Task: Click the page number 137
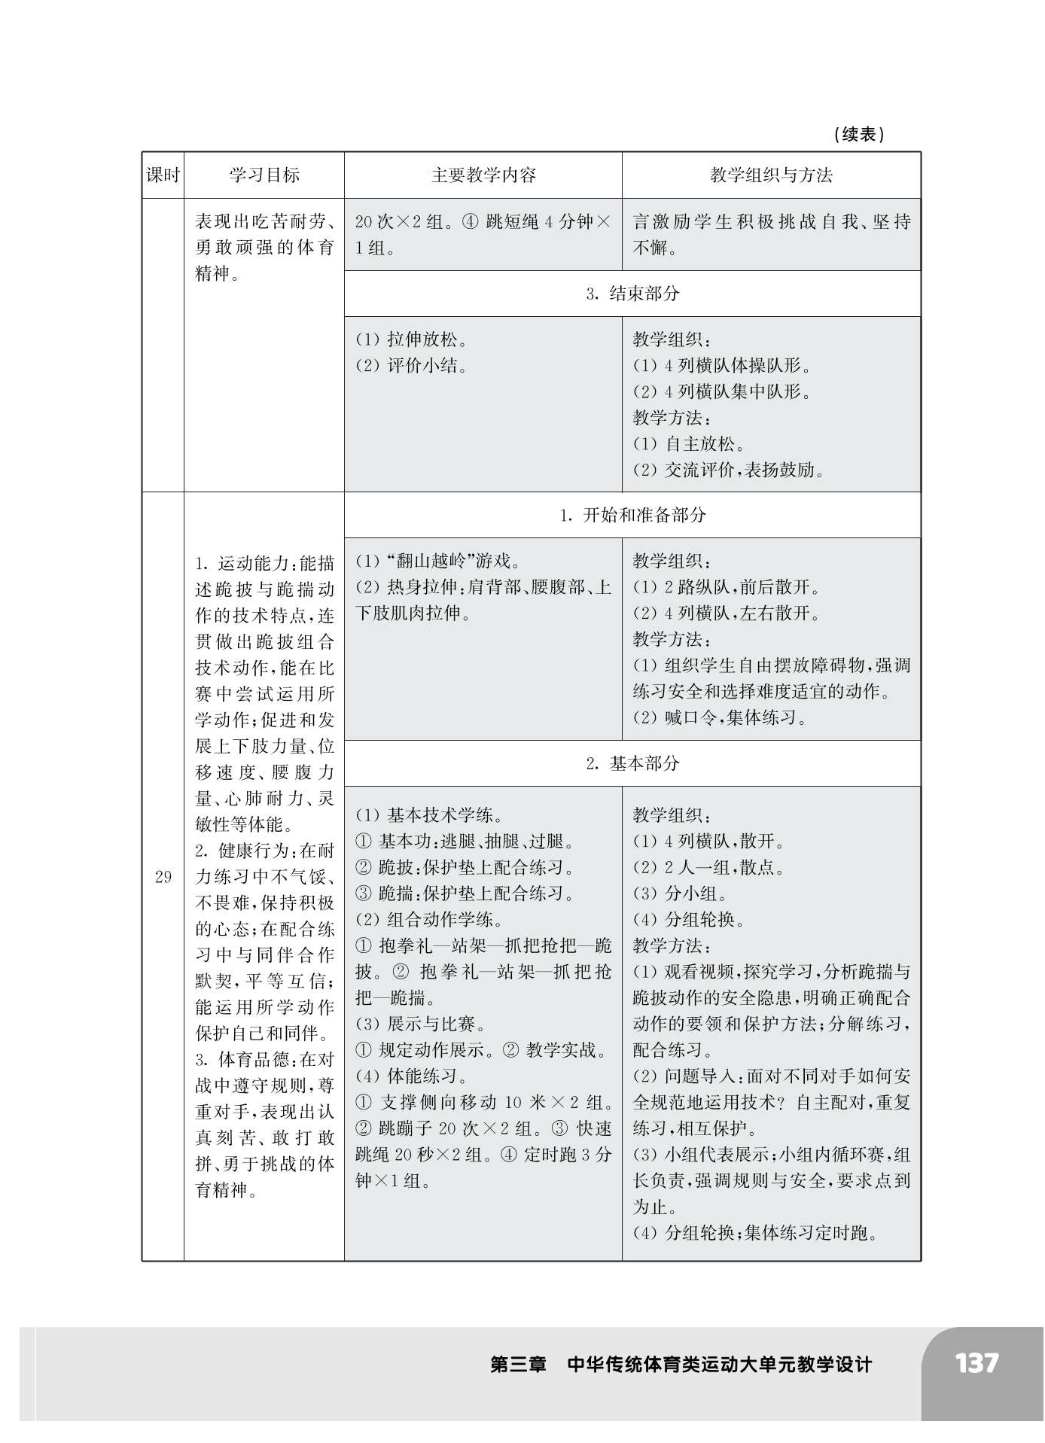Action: coord(976,1363)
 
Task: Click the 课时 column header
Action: coord(163,175)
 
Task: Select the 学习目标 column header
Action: coord(264,175)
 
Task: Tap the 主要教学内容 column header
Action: coord(483,175)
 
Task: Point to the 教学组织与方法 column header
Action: coord(771,175)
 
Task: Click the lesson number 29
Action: coord(163,877)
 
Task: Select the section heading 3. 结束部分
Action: coord(632,294)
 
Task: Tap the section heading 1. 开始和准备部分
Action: coord(632,516)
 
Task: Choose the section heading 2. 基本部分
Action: coord(632,763)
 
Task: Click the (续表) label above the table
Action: coord(859,135)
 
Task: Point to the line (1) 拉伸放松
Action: coord(411,339)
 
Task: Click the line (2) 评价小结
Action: coord(411,366)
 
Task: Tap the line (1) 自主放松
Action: coord(689,443)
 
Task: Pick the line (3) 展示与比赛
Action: coord(421,1024)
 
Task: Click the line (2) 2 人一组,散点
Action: coord(708,867)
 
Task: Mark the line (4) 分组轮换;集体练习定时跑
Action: coord(755,1233)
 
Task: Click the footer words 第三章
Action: coord(519,1364)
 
